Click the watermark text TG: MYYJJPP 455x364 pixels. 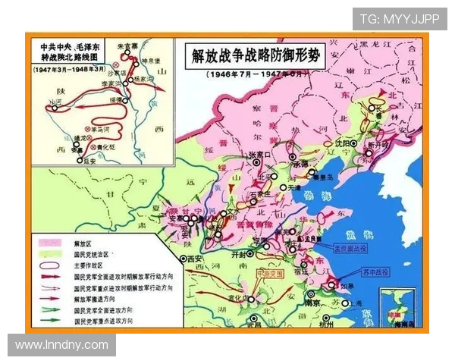click(399, 19)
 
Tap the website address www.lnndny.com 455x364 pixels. click(62, 345)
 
